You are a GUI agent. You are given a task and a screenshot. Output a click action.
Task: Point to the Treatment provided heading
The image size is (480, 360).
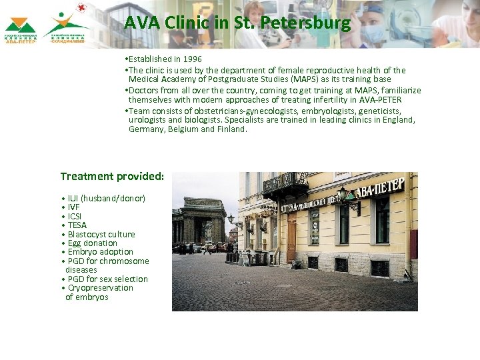click(112, 177)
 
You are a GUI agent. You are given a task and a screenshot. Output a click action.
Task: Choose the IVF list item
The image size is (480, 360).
click(73, 207)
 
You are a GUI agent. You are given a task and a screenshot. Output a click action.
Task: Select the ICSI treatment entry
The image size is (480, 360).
click(74, 217)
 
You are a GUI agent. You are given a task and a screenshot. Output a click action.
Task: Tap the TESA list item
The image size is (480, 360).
click(77, 225)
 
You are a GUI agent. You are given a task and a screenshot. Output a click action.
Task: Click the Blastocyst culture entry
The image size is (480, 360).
click(101, 235)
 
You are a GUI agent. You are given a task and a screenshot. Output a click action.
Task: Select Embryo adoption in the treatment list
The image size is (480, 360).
click(100, 252)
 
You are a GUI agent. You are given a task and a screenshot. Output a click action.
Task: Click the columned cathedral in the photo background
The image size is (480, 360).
click(199, 220)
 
